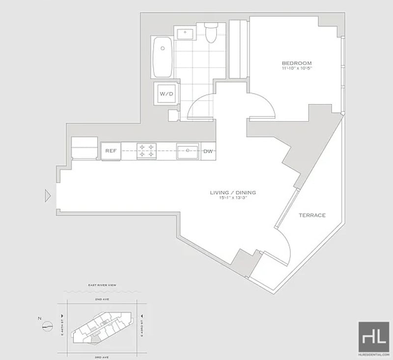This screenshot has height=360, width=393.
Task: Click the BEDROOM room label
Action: point(296,63)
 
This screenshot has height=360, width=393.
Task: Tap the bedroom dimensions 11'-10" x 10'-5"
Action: point(296,69)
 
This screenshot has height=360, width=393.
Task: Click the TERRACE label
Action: point(312,215)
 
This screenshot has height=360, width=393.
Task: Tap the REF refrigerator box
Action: point(111,151)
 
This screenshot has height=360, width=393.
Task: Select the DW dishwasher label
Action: point(208,151)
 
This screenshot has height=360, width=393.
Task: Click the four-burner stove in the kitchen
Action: point(146,151)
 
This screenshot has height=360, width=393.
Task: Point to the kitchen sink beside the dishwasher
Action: point(187,151)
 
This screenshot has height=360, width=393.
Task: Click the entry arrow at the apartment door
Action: point(48,196)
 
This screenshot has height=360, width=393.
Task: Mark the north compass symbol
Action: point(47,325)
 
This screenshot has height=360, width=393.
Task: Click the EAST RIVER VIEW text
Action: point(103,285)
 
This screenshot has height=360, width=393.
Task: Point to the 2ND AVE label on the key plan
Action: point(103,298)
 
